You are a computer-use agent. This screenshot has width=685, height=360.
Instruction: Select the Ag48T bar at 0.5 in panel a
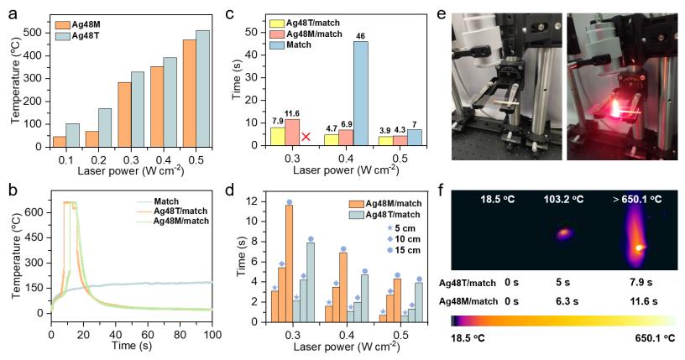[202, 88]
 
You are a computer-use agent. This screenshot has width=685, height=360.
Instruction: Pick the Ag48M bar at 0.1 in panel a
[60, 141]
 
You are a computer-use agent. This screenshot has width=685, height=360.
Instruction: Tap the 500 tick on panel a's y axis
[35, 32]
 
